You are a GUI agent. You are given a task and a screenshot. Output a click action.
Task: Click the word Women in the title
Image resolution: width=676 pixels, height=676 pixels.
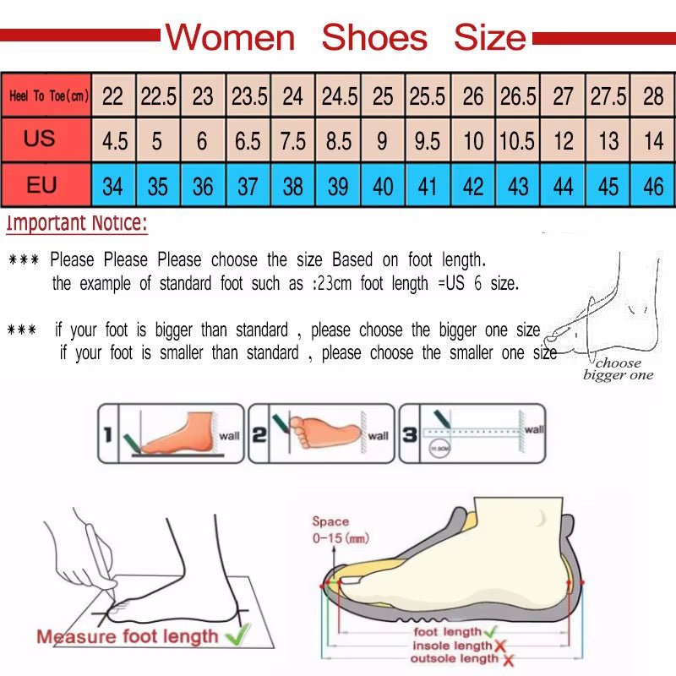point(230,38)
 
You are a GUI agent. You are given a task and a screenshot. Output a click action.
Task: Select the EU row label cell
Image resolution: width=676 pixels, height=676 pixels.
point(41,184)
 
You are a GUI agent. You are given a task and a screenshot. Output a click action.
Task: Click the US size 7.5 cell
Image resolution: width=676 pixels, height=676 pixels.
point(292,140)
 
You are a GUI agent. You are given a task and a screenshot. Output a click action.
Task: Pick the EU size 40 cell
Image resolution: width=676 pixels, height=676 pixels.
point(383,186)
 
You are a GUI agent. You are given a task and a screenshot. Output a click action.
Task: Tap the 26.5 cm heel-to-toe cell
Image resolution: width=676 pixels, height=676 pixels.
point(517,96)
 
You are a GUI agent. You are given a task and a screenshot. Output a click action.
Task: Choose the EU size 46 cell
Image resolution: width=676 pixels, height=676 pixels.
point(653,186)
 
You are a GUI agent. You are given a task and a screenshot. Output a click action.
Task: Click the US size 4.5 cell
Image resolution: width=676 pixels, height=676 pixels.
point(114,140)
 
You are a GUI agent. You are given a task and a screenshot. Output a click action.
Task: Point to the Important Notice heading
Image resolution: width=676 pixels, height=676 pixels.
point(77,224)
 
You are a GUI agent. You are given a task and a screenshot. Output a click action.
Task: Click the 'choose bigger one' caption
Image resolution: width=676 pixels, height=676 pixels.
point(619,369)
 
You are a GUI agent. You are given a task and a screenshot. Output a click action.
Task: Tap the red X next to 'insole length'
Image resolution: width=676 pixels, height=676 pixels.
point(500,646)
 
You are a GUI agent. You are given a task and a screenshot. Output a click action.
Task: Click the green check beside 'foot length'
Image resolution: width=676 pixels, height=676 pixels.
point(491,631)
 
